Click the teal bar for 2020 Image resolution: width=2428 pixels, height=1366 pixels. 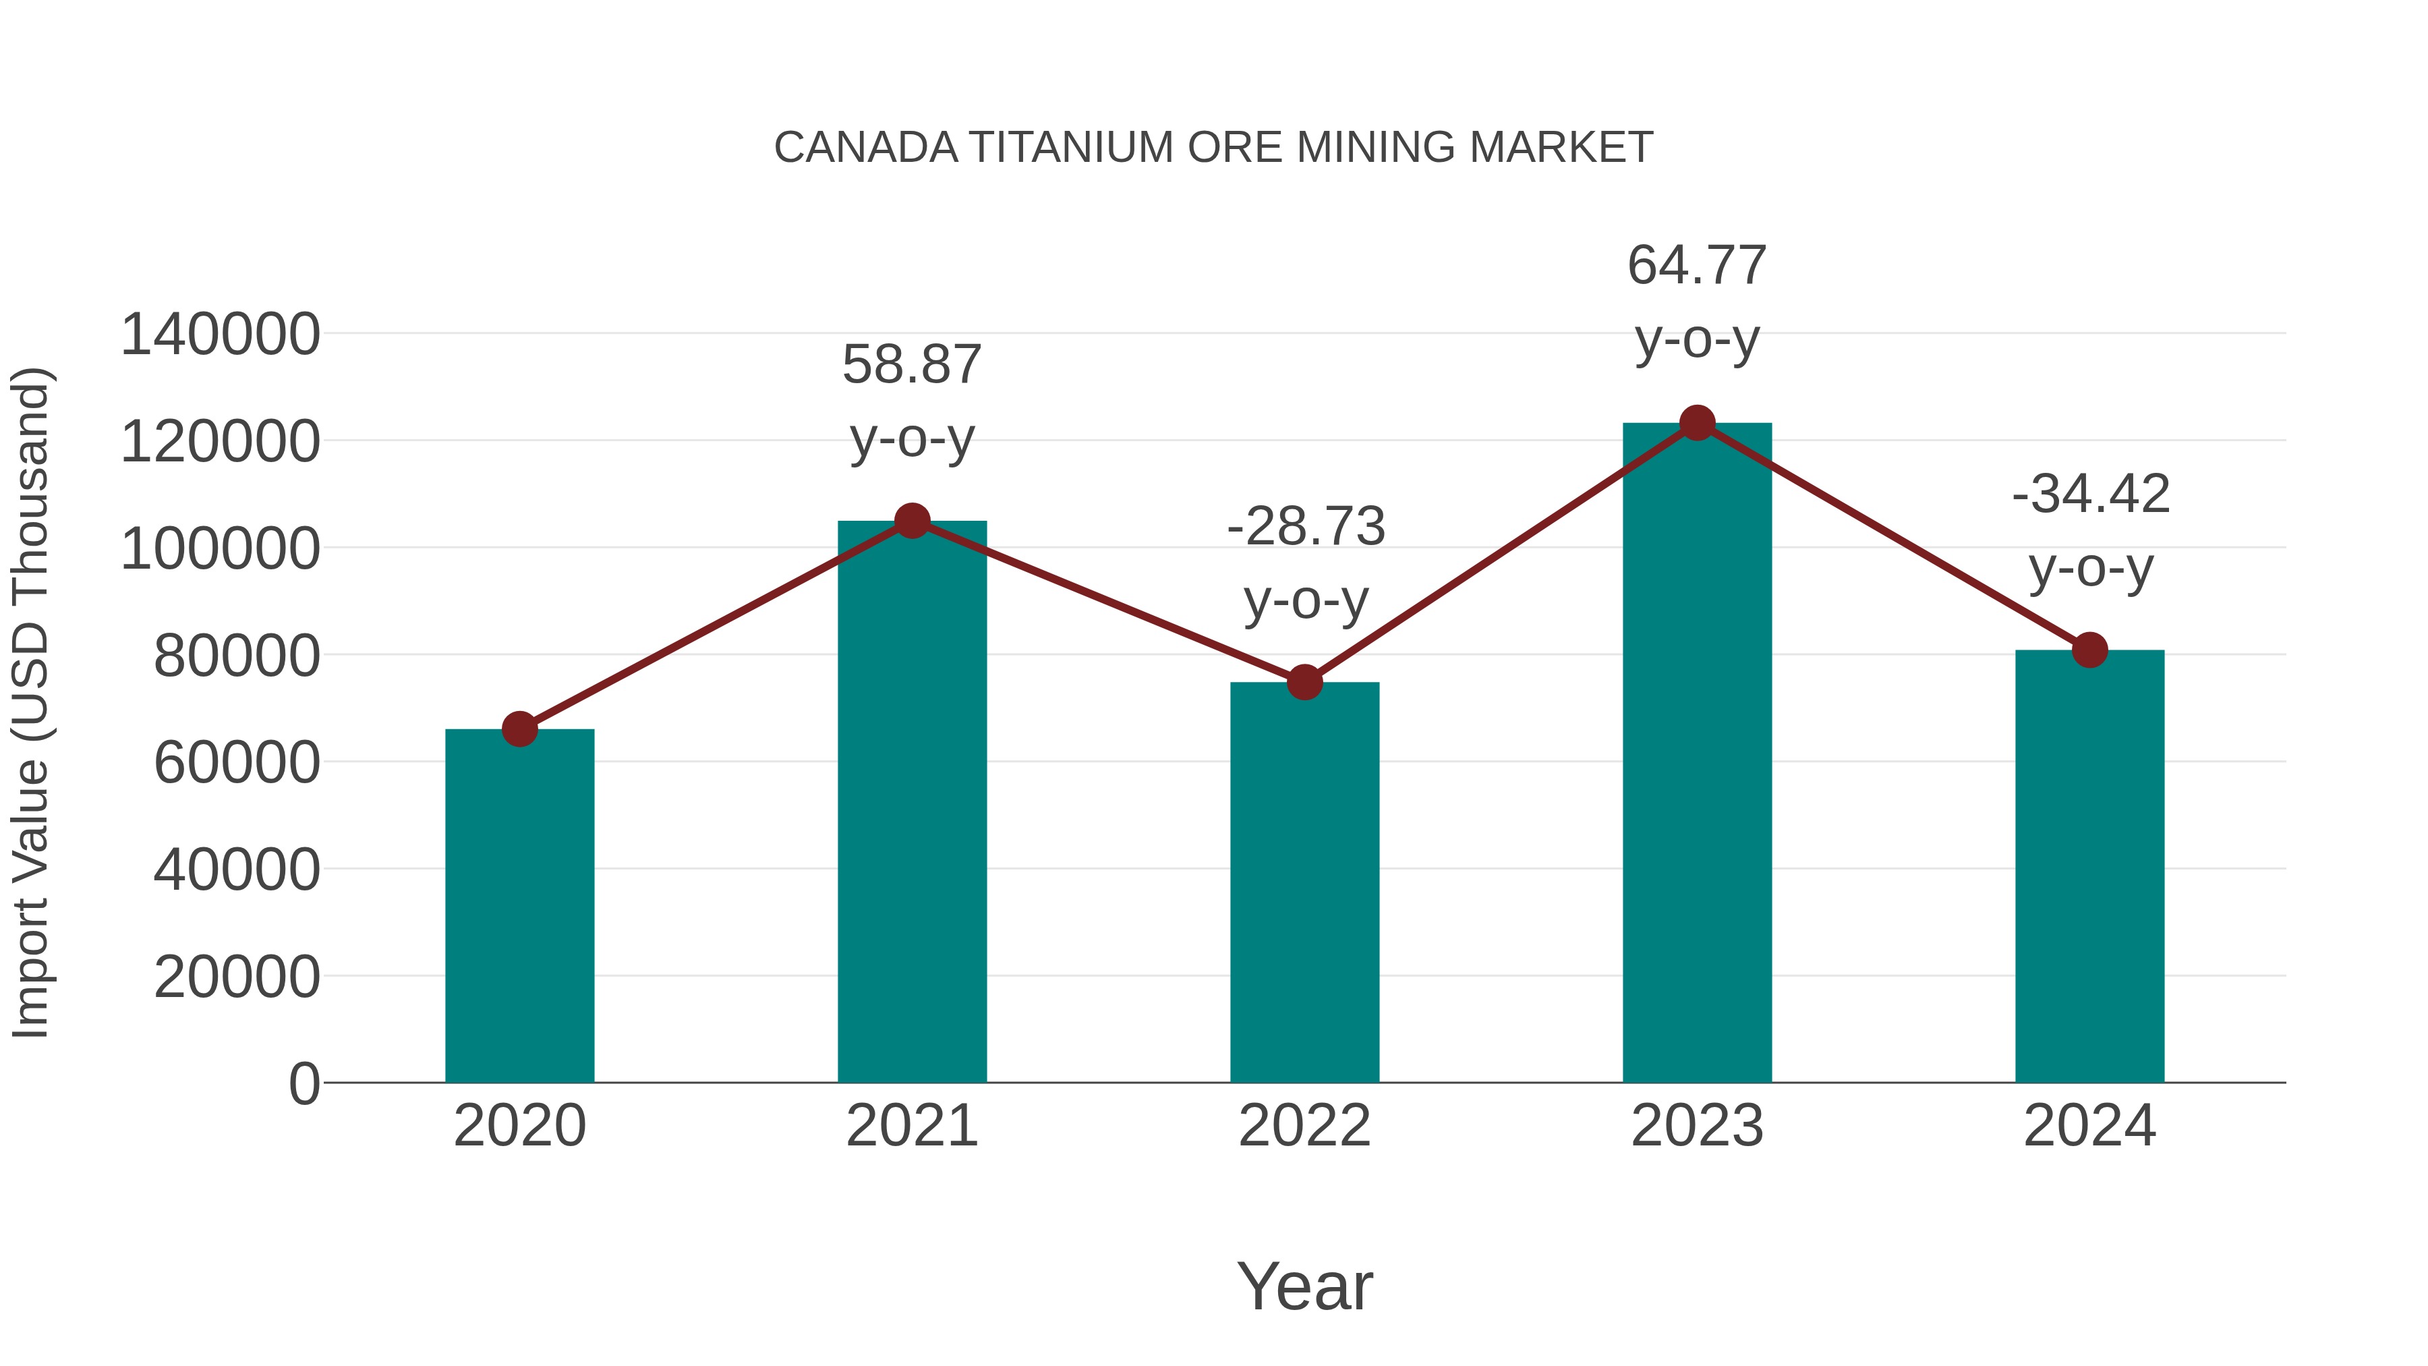point(519,905)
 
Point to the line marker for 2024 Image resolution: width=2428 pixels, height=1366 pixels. point(2089,650)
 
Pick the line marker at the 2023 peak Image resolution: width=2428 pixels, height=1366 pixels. point(1697,423)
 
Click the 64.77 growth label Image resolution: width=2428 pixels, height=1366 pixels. point(1697,266)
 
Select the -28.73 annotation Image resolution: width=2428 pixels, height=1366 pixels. point(1306,526)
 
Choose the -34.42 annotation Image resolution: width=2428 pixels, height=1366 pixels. point(2091,494)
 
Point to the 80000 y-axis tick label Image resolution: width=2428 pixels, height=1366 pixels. point(237,656)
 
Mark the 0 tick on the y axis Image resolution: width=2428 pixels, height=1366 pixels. point(304,1084)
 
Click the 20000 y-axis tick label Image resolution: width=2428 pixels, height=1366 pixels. point(237,977)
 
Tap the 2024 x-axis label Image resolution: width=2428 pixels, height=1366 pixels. point(2089,1126)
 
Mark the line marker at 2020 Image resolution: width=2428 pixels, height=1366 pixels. point(519,729)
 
